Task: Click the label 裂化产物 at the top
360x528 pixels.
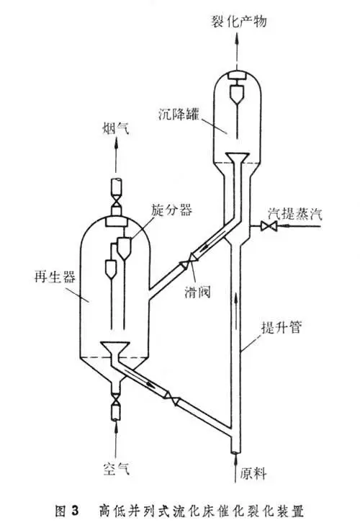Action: click(x=238, y=22)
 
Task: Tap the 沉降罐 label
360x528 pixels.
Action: click(x=179, y=114)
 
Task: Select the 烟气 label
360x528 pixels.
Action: click(x=115, y=128)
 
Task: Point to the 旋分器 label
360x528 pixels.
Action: click(x=171, y=210)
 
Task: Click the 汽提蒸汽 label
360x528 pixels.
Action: click(x=295, y=213)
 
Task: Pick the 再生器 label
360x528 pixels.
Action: click(x=55, y=277)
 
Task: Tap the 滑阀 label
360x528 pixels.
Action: click(x=197, y=291)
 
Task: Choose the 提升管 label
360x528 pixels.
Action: click(x=282, y=326)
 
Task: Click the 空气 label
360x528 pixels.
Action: click(x=117, y=468)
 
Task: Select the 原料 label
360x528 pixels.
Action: click(x=253, y=473)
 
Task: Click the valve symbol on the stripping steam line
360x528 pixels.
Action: click(x=269, y=225)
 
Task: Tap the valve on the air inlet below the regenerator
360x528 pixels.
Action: click(x=116, y=401)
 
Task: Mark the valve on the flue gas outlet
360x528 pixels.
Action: click(x=117, y=201)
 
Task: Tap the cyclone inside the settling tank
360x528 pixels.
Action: click(x=237, y=94)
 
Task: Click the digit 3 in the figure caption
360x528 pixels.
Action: click(x=74, y=511)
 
